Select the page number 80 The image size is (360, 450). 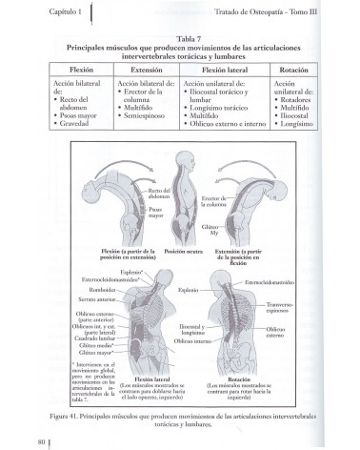pos(43,440)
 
